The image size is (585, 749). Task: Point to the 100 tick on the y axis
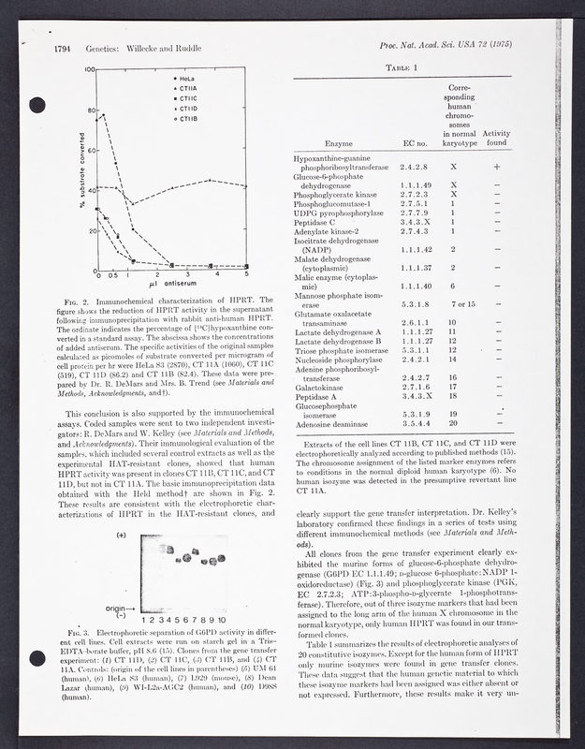pyautogui.click(x=90, y=70)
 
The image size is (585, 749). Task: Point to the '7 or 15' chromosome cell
pyautogui.click(x=463, y=304)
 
